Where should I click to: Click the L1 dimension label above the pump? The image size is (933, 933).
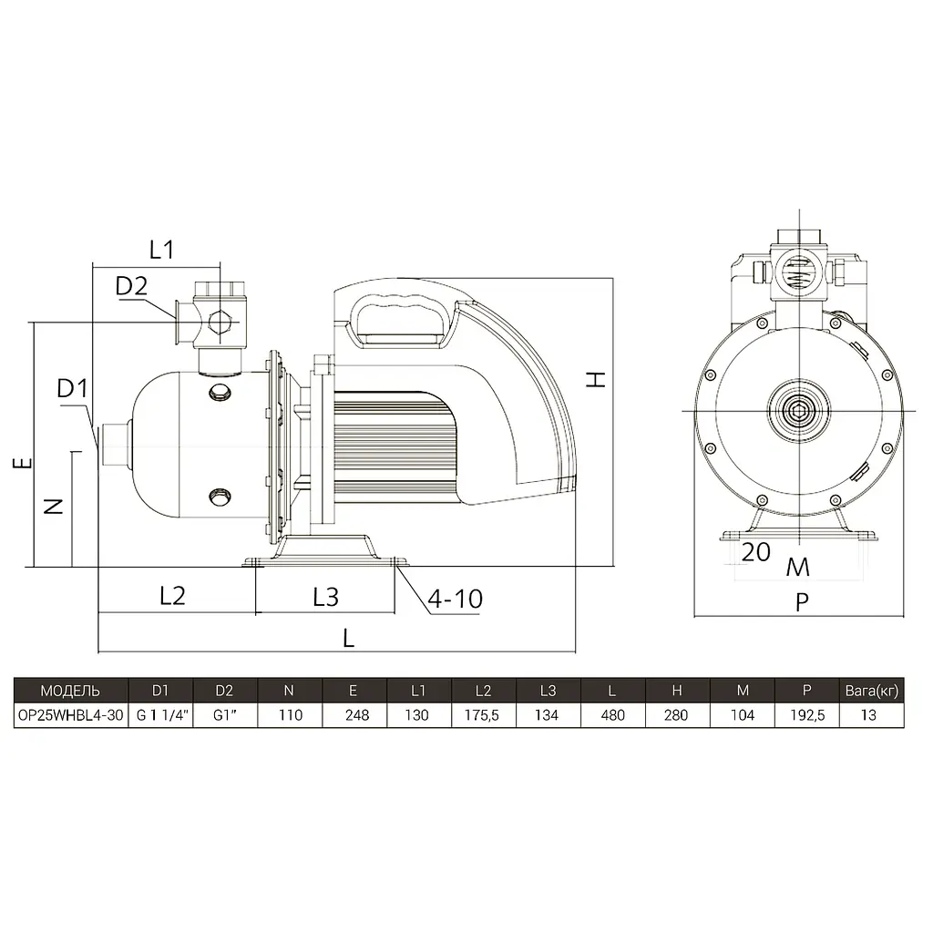point(161,250)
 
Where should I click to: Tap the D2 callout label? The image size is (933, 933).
point(131,286)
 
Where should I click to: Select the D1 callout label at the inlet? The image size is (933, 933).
point(72,389)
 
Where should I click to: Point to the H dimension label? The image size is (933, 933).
point(596,380)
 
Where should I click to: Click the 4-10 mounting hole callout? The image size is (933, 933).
point(456,599)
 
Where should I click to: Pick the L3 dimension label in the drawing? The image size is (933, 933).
point(325,597)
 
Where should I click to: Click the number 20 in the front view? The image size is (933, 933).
point(755,552)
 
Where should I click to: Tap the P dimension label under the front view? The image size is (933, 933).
point(802,603)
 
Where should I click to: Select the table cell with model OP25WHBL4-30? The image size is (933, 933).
point(71,715)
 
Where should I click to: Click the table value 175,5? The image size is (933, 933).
point(481,715)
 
